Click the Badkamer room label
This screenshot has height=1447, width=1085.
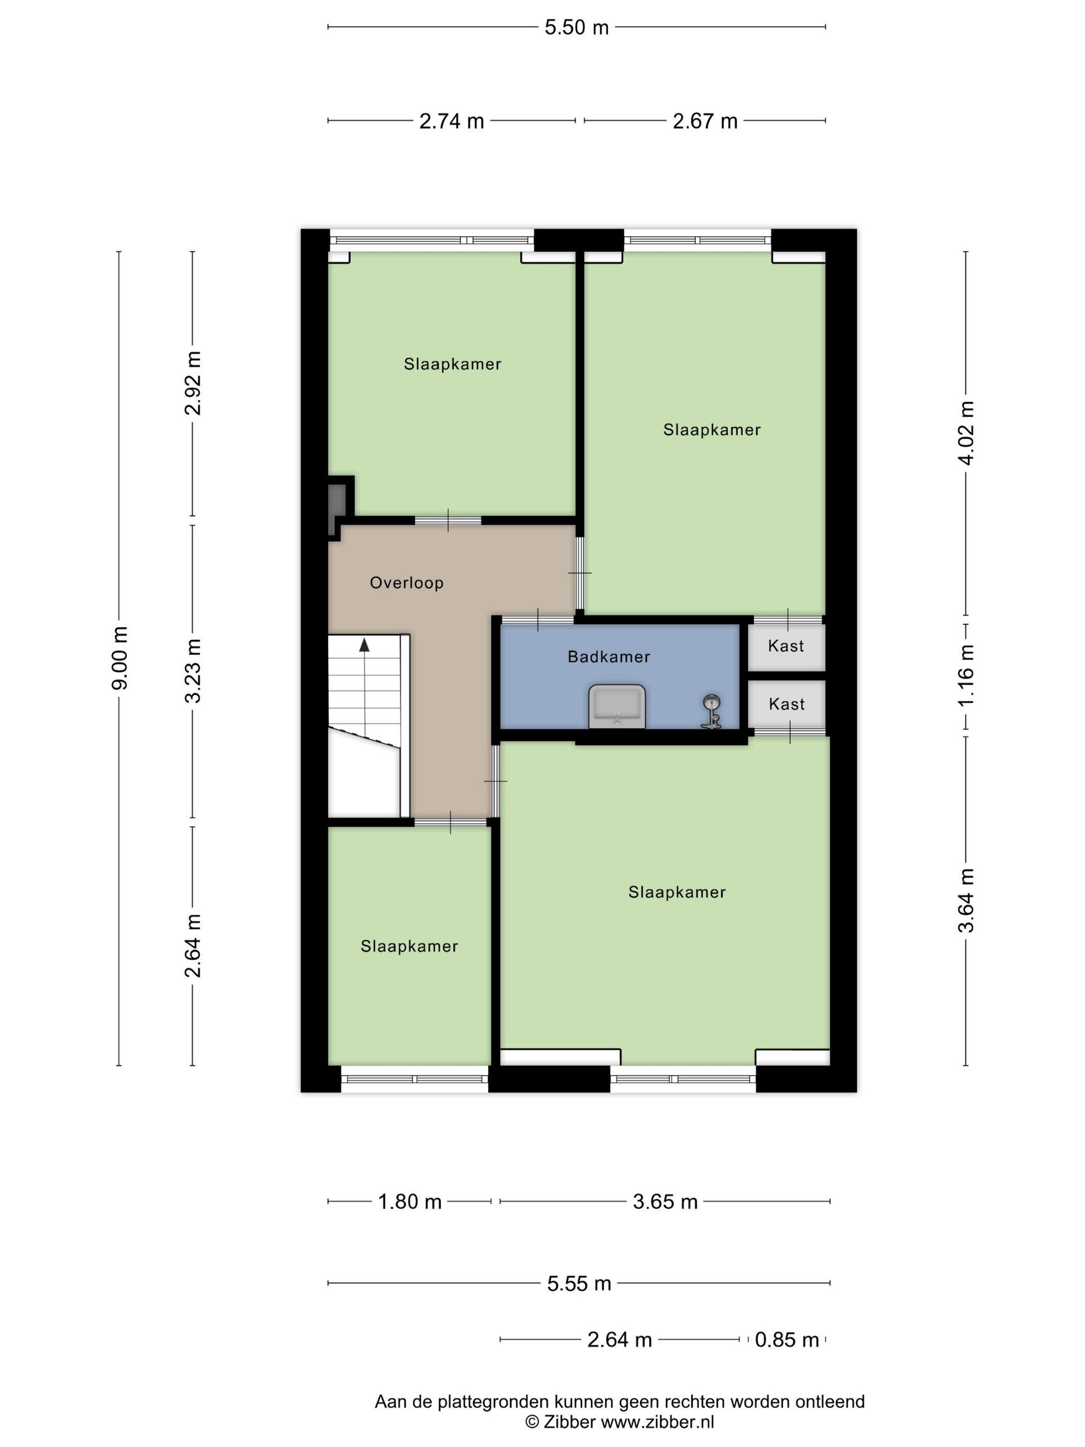(608, 656)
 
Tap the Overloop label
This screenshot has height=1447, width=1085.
(406, 582)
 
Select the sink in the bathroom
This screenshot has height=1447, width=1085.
(617, 706)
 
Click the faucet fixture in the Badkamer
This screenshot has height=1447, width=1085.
(711, 711)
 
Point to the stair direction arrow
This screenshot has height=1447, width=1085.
(364, 644)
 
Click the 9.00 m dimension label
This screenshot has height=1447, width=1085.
(120, 657)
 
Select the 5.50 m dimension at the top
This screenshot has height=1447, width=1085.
(576, 27)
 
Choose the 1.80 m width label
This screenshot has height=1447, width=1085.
(409, 1202)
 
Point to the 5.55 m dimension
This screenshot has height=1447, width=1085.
(579, 1284)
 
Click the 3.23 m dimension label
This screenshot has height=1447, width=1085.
(193, 670)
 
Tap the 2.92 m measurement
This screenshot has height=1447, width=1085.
(193, 383)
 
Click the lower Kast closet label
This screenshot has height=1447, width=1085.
(786, 704)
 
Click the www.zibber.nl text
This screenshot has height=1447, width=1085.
(657, 1422)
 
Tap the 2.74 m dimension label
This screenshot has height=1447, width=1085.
(451, 121)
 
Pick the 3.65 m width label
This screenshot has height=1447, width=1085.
(664, 1202)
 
